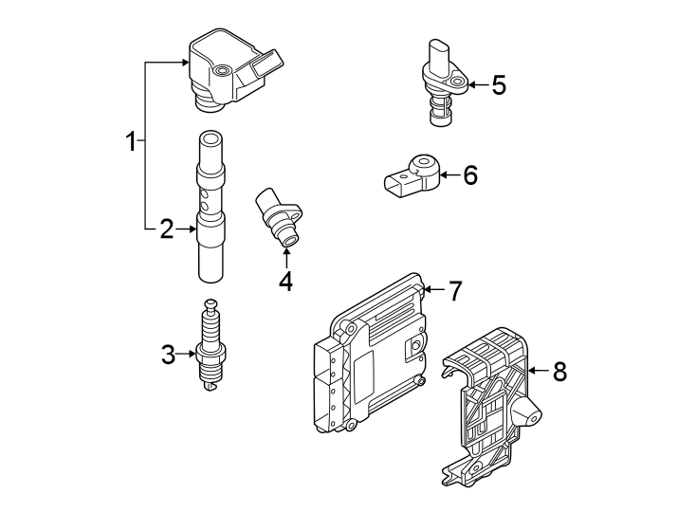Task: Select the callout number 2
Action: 166,229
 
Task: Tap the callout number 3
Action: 168,355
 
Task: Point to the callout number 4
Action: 285,281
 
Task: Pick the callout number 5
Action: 499,85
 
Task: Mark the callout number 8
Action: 559,372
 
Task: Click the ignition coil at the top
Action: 225,66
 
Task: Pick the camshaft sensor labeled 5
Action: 442,81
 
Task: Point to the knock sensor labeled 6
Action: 410,178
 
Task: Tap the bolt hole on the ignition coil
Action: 221,71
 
